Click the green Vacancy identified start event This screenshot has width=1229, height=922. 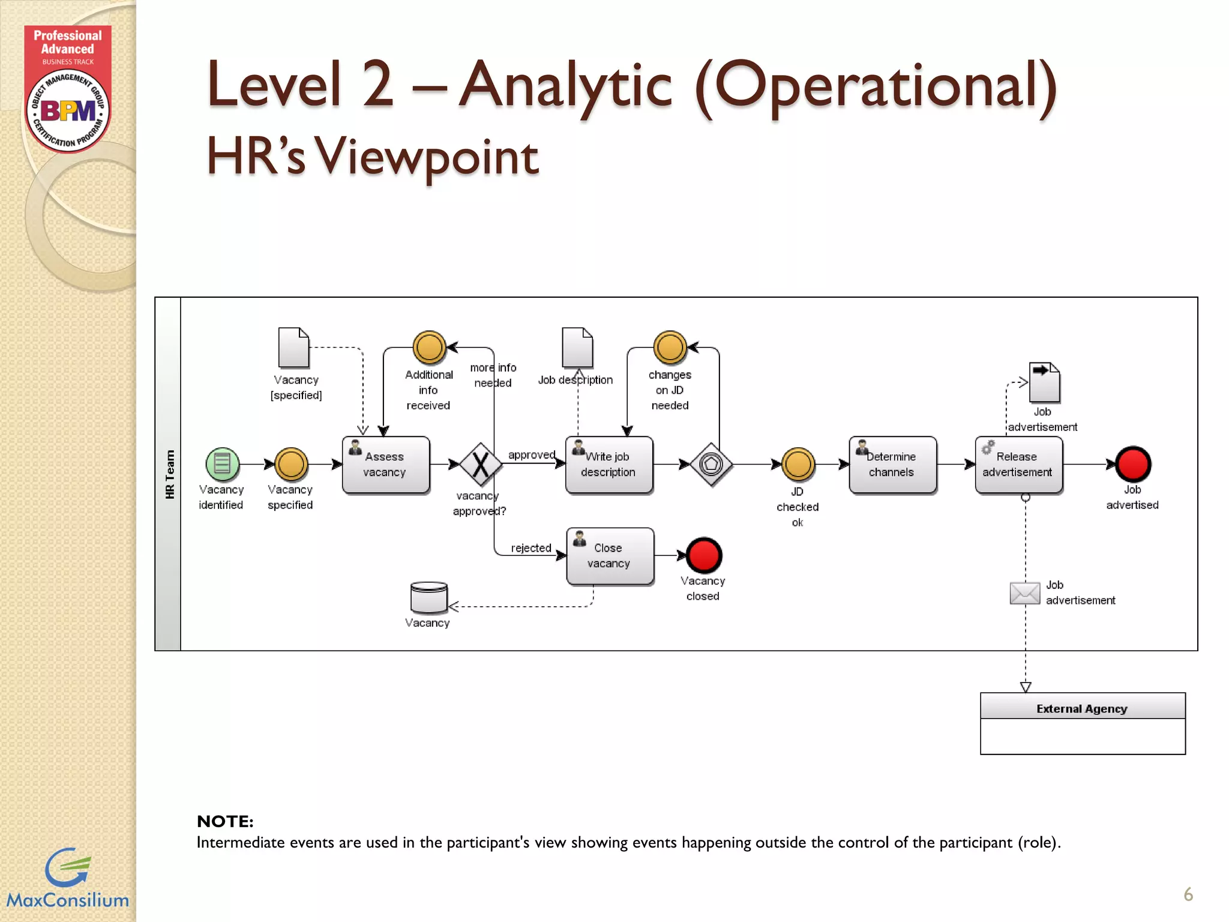222,464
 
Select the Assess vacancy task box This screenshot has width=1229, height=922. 385,465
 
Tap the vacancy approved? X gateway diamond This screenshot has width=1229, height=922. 481,465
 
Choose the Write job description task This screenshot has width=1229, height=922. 608,465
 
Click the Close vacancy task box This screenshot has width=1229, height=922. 610,556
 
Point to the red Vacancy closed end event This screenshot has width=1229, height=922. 703,555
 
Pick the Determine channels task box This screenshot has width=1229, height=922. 892,465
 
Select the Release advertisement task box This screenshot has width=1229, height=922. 1018,465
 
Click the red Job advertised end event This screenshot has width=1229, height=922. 1132,465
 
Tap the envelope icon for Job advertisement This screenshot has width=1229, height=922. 1024,593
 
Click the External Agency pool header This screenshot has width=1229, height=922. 1082,708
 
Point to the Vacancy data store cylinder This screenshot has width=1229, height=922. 428,597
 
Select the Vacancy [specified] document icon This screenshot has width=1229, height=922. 293,348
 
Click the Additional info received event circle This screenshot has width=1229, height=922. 429,348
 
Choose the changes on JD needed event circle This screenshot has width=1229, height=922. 670,348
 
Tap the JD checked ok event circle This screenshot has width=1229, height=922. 798,464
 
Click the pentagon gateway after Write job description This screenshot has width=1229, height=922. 711,465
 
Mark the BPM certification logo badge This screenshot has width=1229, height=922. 68,110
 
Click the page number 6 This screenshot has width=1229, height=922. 1188,894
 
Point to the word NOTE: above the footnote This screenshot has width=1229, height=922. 225,821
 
